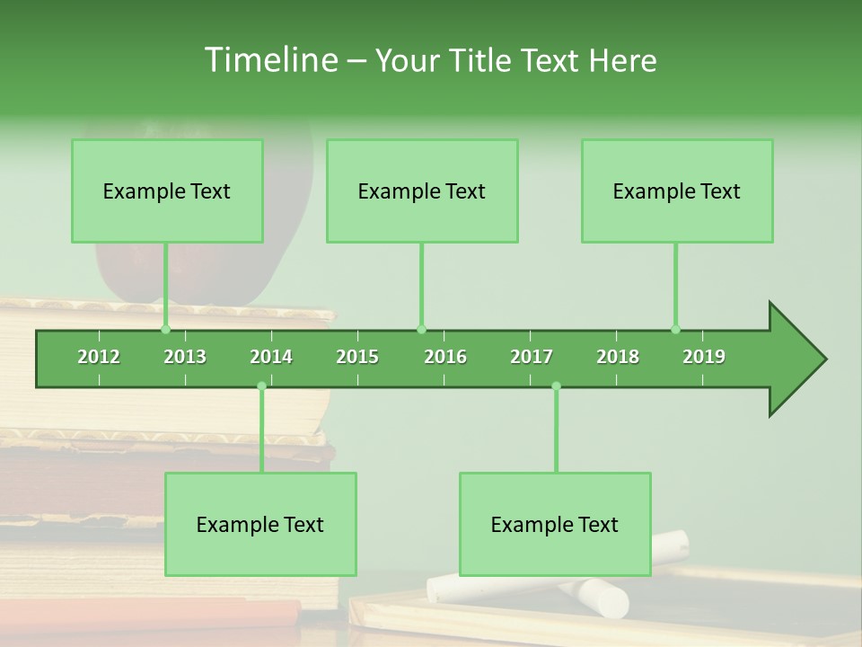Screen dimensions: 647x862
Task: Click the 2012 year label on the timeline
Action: (x=99, y=357)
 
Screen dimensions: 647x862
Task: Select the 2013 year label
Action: (x=185, y=357)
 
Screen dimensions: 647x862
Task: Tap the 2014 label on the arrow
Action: (x=271, y=357)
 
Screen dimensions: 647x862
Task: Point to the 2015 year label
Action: (x=357, y=357)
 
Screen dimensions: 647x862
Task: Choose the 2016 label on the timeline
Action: (x=445, y=357)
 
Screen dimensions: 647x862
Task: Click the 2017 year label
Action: (x=532, y=357)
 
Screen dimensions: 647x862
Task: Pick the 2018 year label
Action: (x=618, y=357)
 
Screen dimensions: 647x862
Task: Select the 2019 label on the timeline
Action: (x=704, y=357)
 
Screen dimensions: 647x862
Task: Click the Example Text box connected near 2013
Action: (x=167, y=191)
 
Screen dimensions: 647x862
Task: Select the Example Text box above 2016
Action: (x=422, y=191)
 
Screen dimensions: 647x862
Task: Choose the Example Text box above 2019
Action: (x=677, y=191)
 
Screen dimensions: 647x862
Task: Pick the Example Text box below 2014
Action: (x=260, y=524)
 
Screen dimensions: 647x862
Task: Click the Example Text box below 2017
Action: (x=555, y=524)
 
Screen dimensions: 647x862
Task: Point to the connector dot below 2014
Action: (x=261, y=386)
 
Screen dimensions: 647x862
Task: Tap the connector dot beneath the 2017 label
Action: (x=556, y=386)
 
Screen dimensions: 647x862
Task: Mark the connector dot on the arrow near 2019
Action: (x=675, y=329)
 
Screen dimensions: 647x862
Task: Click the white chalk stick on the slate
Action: (x=602, y=598)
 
